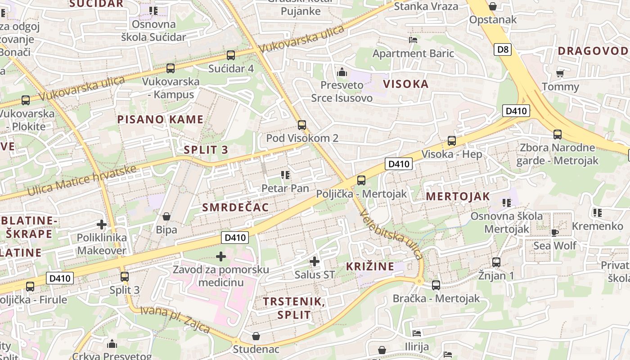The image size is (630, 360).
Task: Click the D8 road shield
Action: coord(503,49)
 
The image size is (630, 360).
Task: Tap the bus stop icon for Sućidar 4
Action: coord(231,55)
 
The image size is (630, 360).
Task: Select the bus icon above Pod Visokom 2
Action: coord(302,125)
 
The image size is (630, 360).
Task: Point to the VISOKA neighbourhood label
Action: coord(405,84)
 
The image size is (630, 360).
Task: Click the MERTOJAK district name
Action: coord(458,196)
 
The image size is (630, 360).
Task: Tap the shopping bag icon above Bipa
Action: coord(166,216)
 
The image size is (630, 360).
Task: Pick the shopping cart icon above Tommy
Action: coord(560,73)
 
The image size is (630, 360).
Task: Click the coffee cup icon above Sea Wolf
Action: coord(554,233)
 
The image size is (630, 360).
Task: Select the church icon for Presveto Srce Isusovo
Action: coord(342,72)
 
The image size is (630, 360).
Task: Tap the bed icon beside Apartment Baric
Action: coord(413,40)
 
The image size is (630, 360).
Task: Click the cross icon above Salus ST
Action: coord(315,261)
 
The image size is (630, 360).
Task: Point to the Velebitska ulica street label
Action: coord(391,235)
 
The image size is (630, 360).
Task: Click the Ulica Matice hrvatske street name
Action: coord(82,180)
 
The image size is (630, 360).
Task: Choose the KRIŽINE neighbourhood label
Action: coord(370,266)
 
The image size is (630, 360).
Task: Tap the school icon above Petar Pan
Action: coord(285,175)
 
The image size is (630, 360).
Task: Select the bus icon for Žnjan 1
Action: coord(496,262)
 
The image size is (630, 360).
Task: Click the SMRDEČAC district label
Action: coord(235,207)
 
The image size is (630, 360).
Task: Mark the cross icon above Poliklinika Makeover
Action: coord(102,224)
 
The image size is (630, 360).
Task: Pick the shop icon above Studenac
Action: coord(256,336)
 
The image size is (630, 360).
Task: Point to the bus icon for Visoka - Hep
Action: coord(452,141)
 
